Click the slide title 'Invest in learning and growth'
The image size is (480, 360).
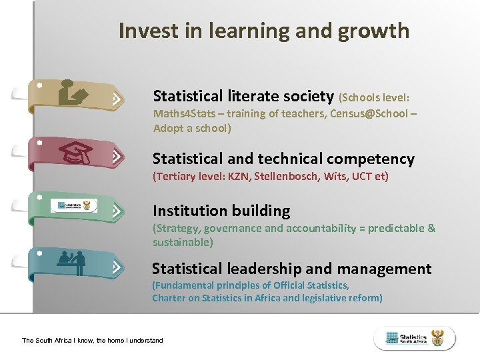point(263,31)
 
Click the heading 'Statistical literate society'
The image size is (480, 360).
point(243,96)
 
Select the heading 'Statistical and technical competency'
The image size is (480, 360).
point(283,159)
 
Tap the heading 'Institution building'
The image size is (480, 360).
point(221,211)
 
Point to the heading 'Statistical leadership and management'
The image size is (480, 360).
point(291,269)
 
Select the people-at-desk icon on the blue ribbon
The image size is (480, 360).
point(73,261)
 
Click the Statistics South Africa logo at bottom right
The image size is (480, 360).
point(415,338)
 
